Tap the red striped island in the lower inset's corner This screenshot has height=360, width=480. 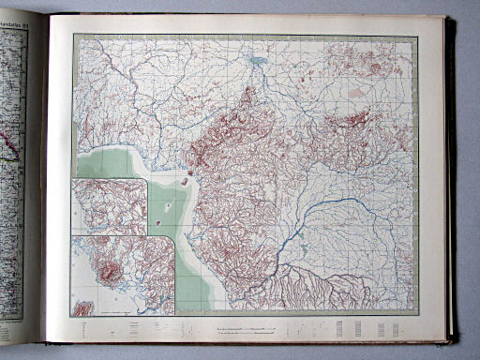[82, 307]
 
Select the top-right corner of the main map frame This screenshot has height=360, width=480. [417, 37]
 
